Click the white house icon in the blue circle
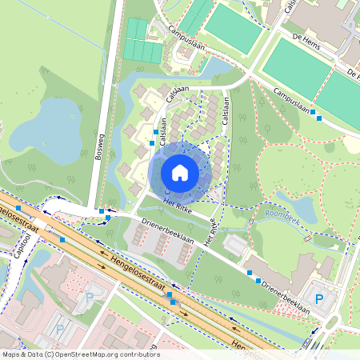tap(180, 172)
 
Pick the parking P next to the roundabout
tap(319, 299)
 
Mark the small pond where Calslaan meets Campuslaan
tap(214, 69)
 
